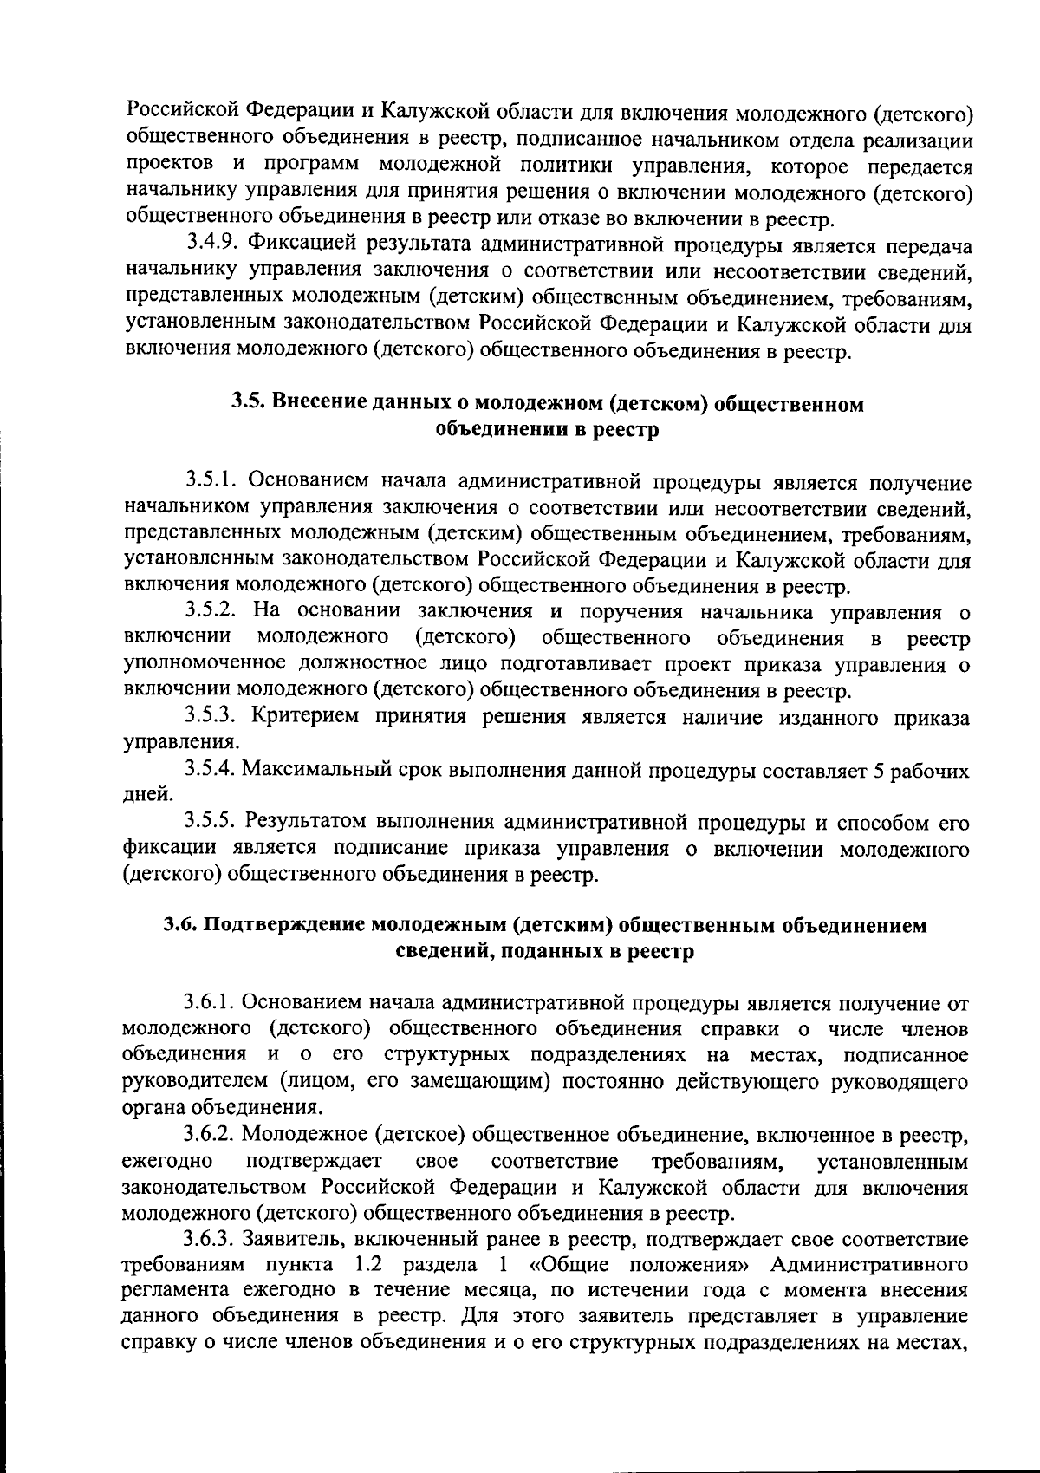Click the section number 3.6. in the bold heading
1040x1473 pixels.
pos(181,925)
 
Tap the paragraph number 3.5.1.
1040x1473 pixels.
pos(213,482)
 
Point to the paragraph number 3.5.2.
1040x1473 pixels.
pos(213,613)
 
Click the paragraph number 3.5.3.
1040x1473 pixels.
pos(213,717)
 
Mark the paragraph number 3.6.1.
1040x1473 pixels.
pos(212,1004)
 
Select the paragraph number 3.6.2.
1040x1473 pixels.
pos(212,1134)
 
